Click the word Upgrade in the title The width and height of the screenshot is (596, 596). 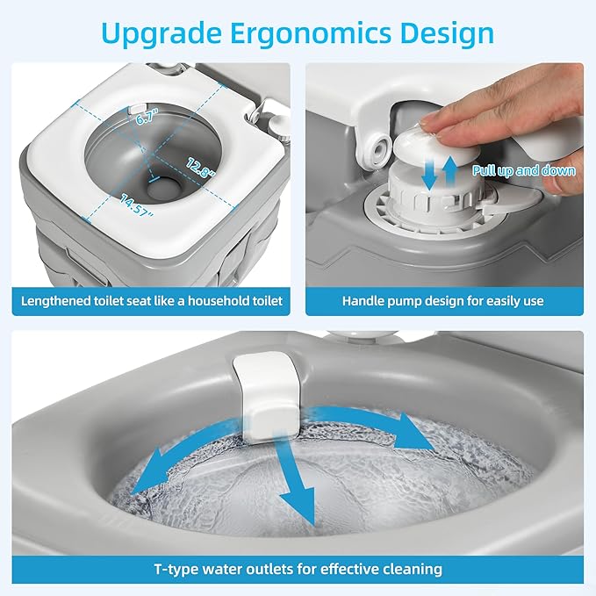[162, 34]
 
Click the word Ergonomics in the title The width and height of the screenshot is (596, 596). [311, 34]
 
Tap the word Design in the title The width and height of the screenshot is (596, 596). [447, 34]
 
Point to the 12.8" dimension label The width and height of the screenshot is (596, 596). [200, 168]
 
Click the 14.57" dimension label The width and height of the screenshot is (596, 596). [137, 205]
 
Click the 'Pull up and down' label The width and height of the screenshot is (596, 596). [523, 170]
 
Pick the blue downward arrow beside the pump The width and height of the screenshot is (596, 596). [430, 175]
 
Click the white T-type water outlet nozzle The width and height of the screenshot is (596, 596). [267, 395]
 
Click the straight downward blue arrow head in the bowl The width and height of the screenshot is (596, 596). [298, 506]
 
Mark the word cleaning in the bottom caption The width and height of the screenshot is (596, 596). [413, 570]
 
